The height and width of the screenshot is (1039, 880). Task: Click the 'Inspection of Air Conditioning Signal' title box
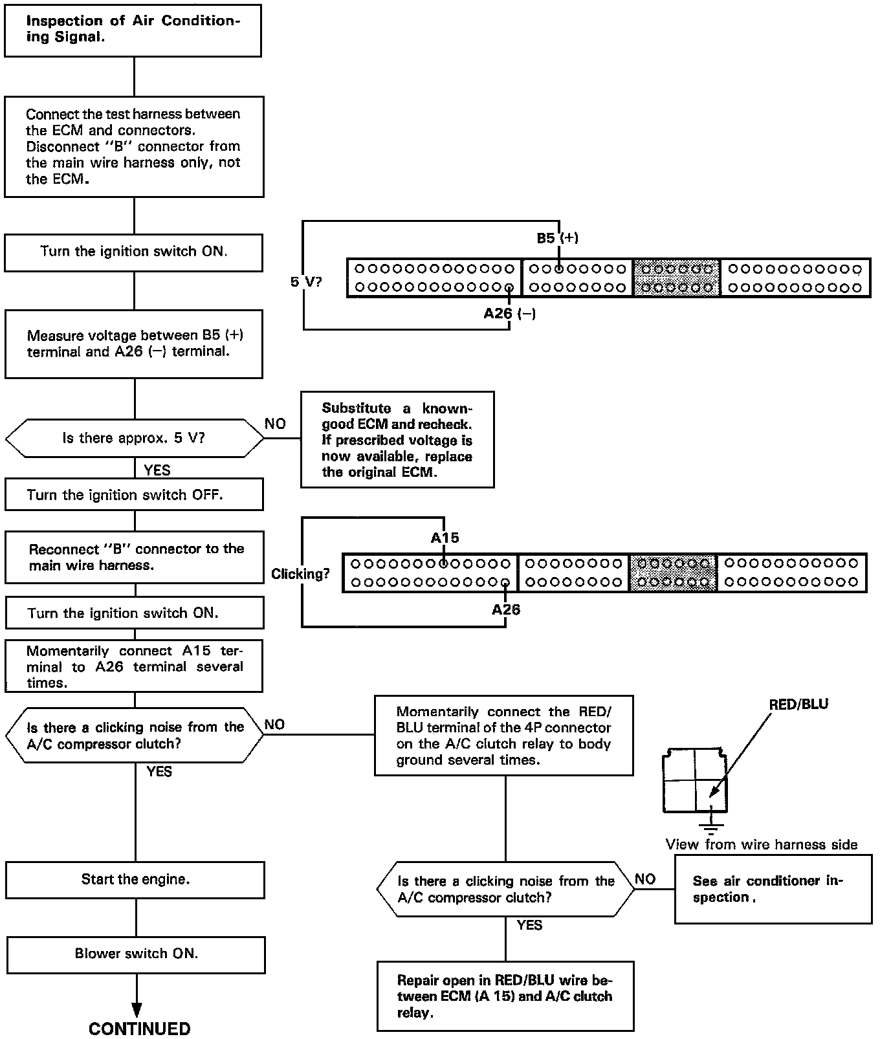tap(133, 30)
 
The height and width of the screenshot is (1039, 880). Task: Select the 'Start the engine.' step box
tap(135, 879)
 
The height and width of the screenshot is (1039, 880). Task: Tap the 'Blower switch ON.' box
tap(136, 954)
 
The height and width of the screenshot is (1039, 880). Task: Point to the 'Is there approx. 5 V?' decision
tap(134, 438)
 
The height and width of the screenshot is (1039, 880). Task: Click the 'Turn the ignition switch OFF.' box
tap(134, 495)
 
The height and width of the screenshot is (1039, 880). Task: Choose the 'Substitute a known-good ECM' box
tap(397, 439)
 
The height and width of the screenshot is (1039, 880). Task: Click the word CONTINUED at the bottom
tap(139, 1028)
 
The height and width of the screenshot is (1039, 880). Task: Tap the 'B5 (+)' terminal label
tap(557, 238)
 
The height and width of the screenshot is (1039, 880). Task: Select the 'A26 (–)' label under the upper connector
tap(509, 314)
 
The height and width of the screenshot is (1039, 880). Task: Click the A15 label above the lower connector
tap(445, 538)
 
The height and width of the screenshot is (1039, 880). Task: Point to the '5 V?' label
tap(305, 282)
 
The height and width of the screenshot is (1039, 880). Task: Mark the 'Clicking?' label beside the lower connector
tap(300, 574)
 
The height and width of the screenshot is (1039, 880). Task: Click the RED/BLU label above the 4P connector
tap(798, 705)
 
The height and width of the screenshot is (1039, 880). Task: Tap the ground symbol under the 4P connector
tap(710, 825)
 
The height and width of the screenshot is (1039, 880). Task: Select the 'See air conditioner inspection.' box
tap(773, 890)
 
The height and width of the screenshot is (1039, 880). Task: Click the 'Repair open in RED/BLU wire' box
tap(505, 996)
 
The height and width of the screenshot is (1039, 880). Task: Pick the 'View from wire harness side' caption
tap(762, 844)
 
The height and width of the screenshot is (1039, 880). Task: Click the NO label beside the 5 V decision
tap(275, 424)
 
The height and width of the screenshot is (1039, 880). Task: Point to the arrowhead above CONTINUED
tap(137, 1010)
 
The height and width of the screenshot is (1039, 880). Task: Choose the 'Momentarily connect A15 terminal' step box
tap(134, 667)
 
